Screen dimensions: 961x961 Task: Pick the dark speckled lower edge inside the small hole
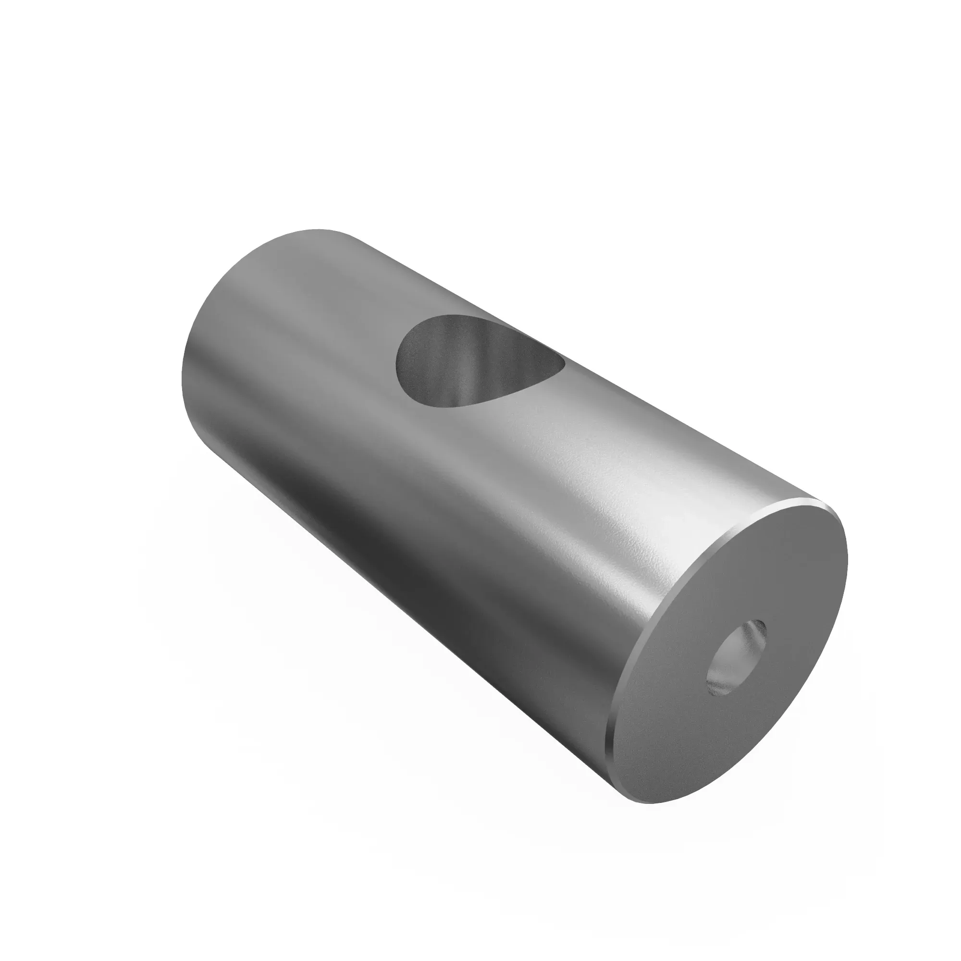(719, 689)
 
